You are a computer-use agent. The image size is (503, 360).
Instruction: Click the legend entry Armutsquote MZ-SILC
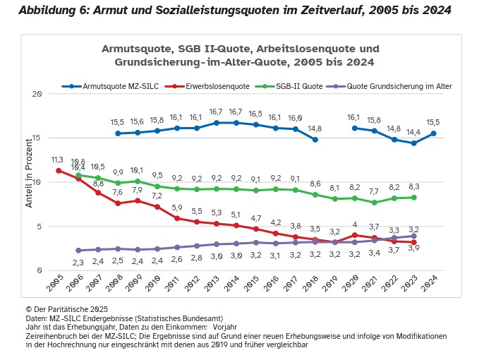(x=114, y=85)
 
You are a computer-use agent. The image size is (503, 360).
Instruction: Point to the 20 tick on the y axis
(x=37, y=93)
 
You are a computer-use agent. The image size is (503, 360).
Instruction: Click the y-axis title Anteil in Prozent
(x=30, y=182)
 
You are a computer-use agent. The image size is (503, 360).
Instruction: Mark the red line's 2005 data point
(x=58, y=170)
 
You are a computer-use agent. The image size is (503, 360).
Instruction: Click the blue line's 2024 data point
(x=433, y=133)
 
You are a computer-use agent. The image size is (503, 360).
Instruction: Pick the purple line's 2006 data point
(x=78, y=251)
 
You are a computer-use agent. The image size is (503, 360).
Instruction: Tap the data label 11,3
(x=57, y=160)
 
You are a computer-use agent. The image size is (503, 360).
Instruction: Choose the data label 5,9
(x=176, y=208)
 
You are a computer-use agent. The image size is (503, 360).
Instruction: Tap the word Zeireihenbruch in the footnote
(x=50, y=337)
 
